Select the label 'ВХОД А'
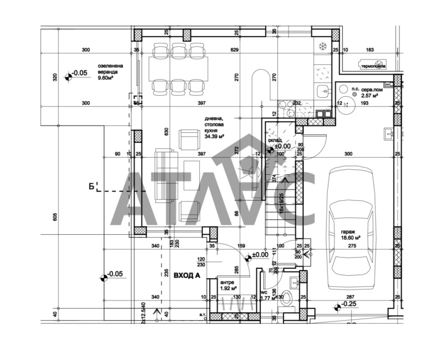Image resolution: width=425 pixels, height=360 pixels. coord(185,275)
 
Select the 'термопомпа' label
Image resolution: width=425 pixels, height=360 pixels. coord(373,66)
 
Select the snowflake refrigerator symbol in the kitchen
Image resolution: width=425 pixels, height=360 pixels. coord(322,45)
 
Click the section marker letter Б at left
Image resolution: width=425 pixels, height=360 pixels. coord(91,185)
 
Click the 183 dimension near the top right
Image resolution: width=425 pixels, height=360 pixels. coord(370,50)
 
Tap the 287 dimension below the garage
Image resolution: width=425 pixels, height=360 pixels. coord(350,297)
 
